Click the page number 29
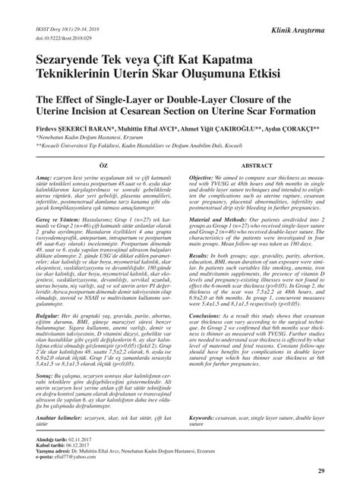(x=321, y=472)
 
